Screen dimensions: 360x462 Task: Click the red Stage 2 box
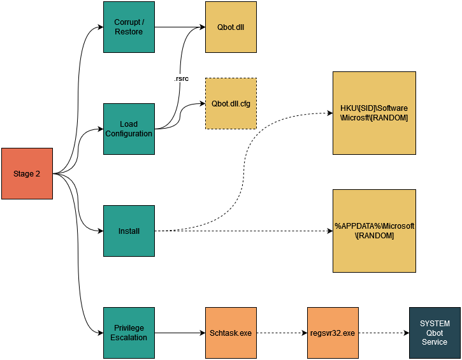[x=27, y=173]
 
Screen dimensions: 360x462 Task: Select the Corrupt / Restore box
[x=129, y=27]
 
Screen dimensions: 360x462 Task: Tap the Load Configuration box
[x=129, y=129]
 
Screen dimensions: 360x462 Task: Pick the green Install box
[x=129, y=231]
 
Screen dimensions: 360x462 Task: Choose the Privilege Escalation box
[x=129, y=333]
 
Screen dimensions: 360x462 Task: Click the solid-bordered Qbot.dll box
[x=231, y=27]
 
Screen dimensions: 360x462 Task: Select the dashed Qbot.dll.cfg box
[x=231, y=103]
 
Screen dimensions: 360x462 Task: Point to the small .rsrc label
[x=180, y=78]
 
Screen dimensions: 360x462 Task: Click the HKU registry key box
[x=374, y=113]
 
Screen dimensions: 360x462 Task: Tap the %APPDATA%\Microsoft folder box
[x=374, y=231]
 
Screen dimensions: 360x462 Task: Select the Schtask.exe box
[x=231, y=333]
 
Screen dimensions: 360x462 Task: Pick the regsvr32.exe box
[x=333, y=333]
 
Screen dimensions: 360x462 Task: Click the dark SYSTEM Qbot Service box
[x=435, y=333]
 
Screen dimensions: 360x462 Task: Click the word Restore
[x=129, y=32]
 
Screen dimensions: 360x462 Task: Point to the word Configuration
[x=129, y=134]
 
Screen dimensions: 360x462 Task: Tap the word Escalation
[x=129, y=338]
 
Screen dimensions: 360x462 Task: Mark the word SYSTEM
[x=435, y=324]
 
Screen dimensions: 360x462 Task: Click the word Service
[x=435, y=342]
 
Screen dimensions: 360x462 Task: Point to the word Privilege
[x=129, y=328]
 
